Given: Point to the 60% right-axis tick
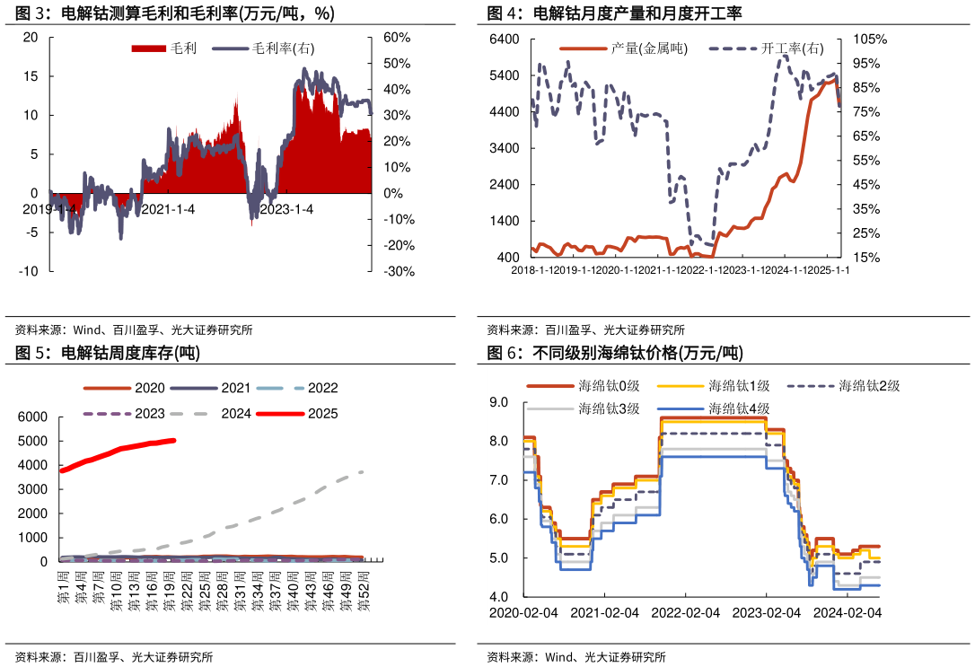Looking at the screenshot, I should pyautogui.click(x=396, y=38).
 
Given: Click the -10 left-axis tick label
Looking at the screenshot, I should pyautogui.click(x=29, y=271).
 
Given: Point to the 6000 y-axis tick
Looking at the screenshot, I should pyautogui.click(x=32, y=417).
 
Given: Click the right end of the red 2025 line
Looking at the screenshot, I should pyautogui.click(x=174, y=440).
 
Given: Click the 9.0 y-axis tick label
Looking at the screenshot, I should pyautogui.click(x=499, y=402).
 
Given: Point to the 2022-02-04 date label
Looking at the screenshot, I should pyautogui.click(x=685, y=612).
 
